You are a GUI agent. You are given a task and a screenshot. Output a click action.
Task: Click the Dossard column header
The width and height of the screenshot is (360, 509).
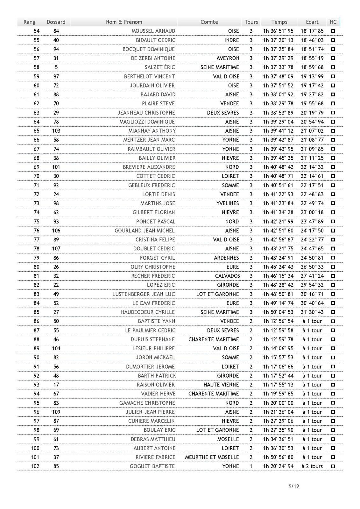[56, 22]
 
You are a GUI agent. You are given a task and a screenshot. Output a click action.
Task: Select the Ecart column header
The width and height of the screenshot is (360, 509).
[312, 22]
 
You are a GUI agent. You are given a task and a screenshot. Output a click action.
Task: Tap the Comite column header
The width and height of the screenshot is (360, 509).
[209, 22]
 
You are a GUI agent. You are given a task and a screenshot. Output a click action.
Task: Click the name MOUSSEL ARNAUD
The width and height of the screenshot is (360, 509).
[153, 31]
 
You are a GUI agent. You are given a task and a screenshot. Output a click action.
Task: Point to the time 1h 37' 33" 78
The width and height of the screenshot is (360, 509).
[278, 67]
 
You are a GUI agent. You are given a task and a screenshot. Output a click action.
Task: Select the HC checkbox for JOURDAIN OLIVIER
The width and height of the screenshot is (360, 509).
[333, 85]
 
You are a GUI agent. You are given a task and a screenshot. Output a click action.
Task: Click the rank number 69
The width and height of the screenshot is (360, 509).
[36, 167]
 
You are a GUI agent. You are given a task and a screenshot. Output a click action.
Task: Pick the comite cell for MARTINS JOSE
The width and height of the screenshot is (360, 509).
[228, 203]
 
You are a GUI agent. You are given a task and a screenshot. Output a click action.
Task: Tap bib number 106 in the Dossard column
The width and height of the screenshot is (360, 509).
[56, 230]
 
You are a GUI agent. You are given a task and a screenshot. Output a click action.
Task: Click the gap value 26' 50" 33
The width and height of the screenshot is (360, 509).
[312, 267]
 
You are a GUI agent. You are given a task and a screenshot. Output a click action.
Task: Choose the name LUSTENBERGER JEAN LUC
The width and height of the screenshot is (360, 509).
[144, 294]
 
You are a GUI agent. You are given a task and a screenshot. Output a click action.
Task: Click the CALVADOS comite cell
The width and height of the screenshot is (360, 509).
[227, 276]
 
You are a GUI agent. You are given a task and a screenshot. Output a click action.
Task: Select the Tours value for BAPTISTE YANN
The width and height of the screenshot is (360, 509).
[251, 321]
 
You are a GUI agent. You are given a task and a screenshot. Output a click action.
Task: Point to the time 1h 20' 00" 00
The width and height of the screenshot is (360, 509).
[278, 403]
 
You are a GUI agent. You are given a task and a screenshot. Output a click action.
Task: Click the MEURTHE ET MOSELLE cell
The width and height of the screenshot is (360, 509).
[212, 457]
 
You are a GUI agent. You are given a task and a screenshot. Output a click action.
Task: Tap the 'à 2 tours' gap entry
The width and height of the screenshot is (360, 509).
[312, 466]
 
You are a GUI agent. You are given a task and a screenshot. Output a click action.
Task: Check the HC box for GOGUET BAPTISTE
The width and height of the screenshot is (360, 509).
[333, 466]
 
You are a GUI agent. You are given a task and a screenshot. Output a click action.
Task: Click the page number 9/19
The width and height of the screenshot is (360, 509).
[293, 486]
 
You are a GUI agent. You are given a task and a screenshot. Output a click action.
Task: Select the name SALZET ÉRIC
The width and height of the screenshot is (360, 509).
[160, 67]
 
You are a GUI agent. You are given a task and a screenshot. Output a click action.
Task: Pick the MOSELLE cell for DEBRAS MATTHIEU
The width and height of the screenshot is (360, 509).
[228, 439]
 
